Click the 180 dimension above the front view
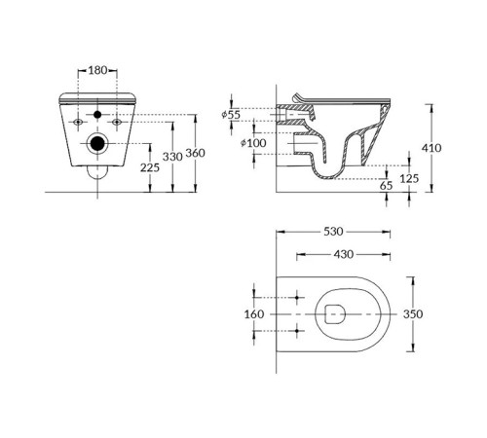[97, 70]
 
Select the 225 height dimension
[149, 167]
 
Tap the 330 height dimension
[171, 156]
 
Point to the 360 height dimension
[195, 153]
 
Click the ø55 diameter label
[232, 115]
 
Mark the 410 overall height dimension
[433, 148]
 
